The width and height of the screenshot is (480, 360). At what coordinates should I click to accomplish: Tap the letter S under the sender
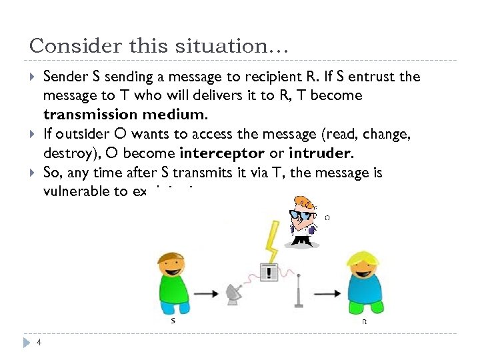coord(173,321)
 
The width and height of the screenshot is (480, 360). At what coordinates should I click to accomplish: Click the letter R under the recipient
coord(364,321)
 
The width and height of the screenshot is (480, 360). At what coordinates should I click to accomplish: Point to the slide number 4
coord(40,343)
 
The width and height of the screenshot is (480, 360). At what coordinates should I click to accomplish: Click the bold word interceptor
coord(227,153)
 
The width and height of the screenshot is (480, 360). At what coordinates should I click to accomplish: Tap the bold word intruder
coord(319,153)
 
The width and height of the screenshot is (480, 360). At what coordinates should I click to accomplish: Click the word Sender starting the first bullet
coord(65,77)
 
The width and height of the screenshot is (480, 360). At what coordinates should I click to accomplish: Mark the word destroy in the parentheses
coord(66,153)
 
